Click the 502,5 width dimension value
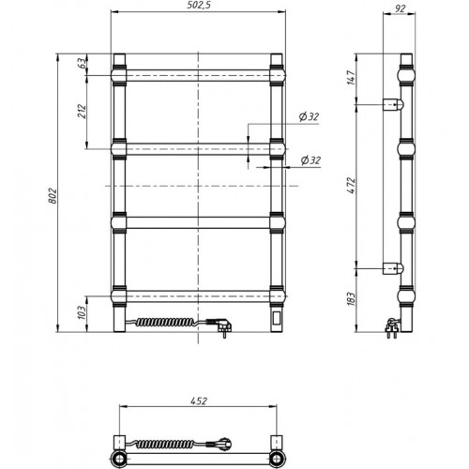coord(198,6)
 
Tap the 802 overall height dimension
coord(53,196)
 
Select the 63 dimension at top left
coord(81,63)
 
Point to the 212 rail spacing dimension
coord(82,111)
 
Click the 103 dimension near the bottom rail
coord(82,311)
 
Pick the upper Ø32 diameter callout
coord(309,116)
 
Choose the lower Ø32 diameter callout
coord(310,160)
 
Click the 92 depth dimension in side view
coord(400,8)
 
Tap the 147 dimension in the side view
coord(351,78)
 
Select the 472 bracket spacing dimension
coord(352,185)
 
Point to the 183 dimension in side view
coord(351,299)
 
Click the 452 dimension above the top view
coord(199,401)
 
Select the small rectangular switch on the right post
coord(277,319)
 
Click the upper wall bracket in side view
coord(393,104)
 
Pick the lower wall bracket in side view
coord(393,268)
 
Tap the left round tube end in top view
coord(119,459)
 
